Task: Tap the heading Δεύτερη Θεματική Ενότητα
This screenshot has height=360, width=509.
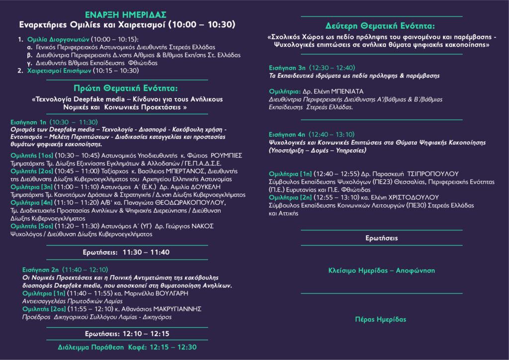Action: tap(381, 25)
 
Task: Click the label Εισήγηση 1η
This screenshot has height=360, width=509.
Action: tap(28, 122)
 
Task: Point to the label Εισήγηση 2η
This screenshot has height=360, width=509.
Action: tap(41, 269)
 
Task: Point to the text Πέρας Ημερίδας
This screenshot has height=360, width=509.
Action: tap(381, 319)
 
